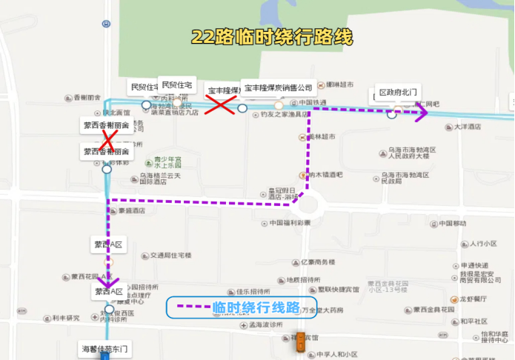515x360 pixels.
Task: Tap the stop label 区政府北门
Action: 398,93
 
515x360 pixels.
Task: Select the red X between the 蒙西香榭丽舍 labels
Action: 108,139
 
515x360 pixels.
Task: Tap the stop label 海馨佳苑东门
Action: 104,347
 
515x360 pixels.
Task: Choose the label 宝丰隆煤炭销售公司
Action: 279,88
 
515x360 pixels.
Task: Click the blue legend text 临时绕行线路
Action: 256,307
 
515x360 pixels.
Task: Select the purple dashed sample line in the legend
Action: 191,307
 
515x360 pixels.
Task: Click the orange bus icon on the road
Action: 299,344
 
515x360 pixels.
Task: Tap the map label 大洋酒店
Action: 468,127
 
